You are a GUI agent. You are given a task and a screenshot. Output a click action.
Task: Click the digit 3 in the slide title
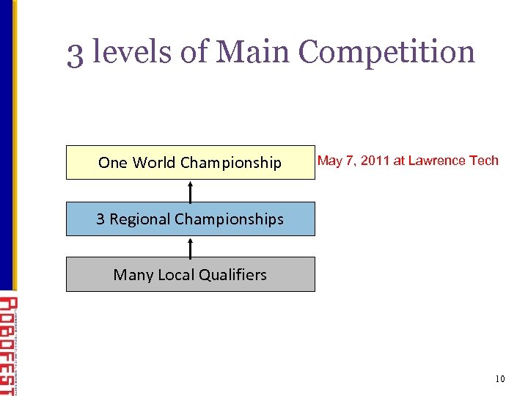[x=76, y=53]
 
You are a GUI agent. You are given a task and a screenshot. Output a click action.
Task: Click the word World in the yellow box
[x=154, y=163]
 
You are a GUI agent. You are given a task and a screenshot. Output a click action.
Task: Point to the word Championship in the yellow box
[x=231, y=163]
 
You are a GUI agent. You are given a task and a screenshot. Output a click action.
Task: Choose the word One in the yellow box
[x=113, y=163]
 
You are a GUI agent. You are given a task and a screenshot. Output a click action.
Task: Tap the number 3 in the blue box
[x=100, y=219]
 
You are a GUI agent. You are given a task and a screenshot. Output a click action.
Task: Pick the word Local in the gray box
[x=174, y=275]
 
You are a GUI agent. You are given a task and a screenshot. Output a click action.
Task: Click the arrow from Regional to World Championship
[x=191, y=191]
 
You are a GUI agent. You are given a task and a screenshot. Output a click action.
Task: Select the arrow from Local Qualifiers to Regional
[x=191, y=246]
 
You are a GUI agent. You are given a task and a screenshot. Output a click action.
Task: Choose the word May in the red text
[x=330, y=161]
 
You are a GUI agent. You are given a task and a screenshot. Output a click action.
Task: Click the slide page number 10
[x=500, y=378]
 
